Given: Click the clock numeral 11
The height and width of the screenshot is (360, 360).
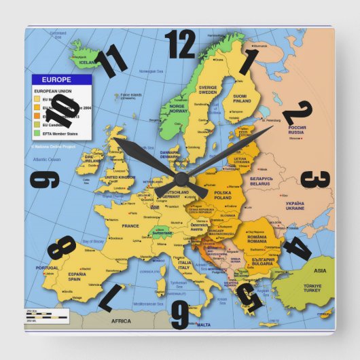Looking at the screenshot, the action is (x=111, y=61).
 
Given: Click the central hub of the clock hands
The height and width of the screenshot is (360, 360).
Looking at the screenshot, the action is (x=181, y=179).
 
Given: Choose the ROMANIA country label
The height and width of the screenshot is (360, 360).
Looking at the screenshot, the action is (x=257, y=240).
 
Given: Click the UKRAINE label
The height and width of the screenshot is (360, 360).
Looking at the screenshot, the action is (x=294, y=206).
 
